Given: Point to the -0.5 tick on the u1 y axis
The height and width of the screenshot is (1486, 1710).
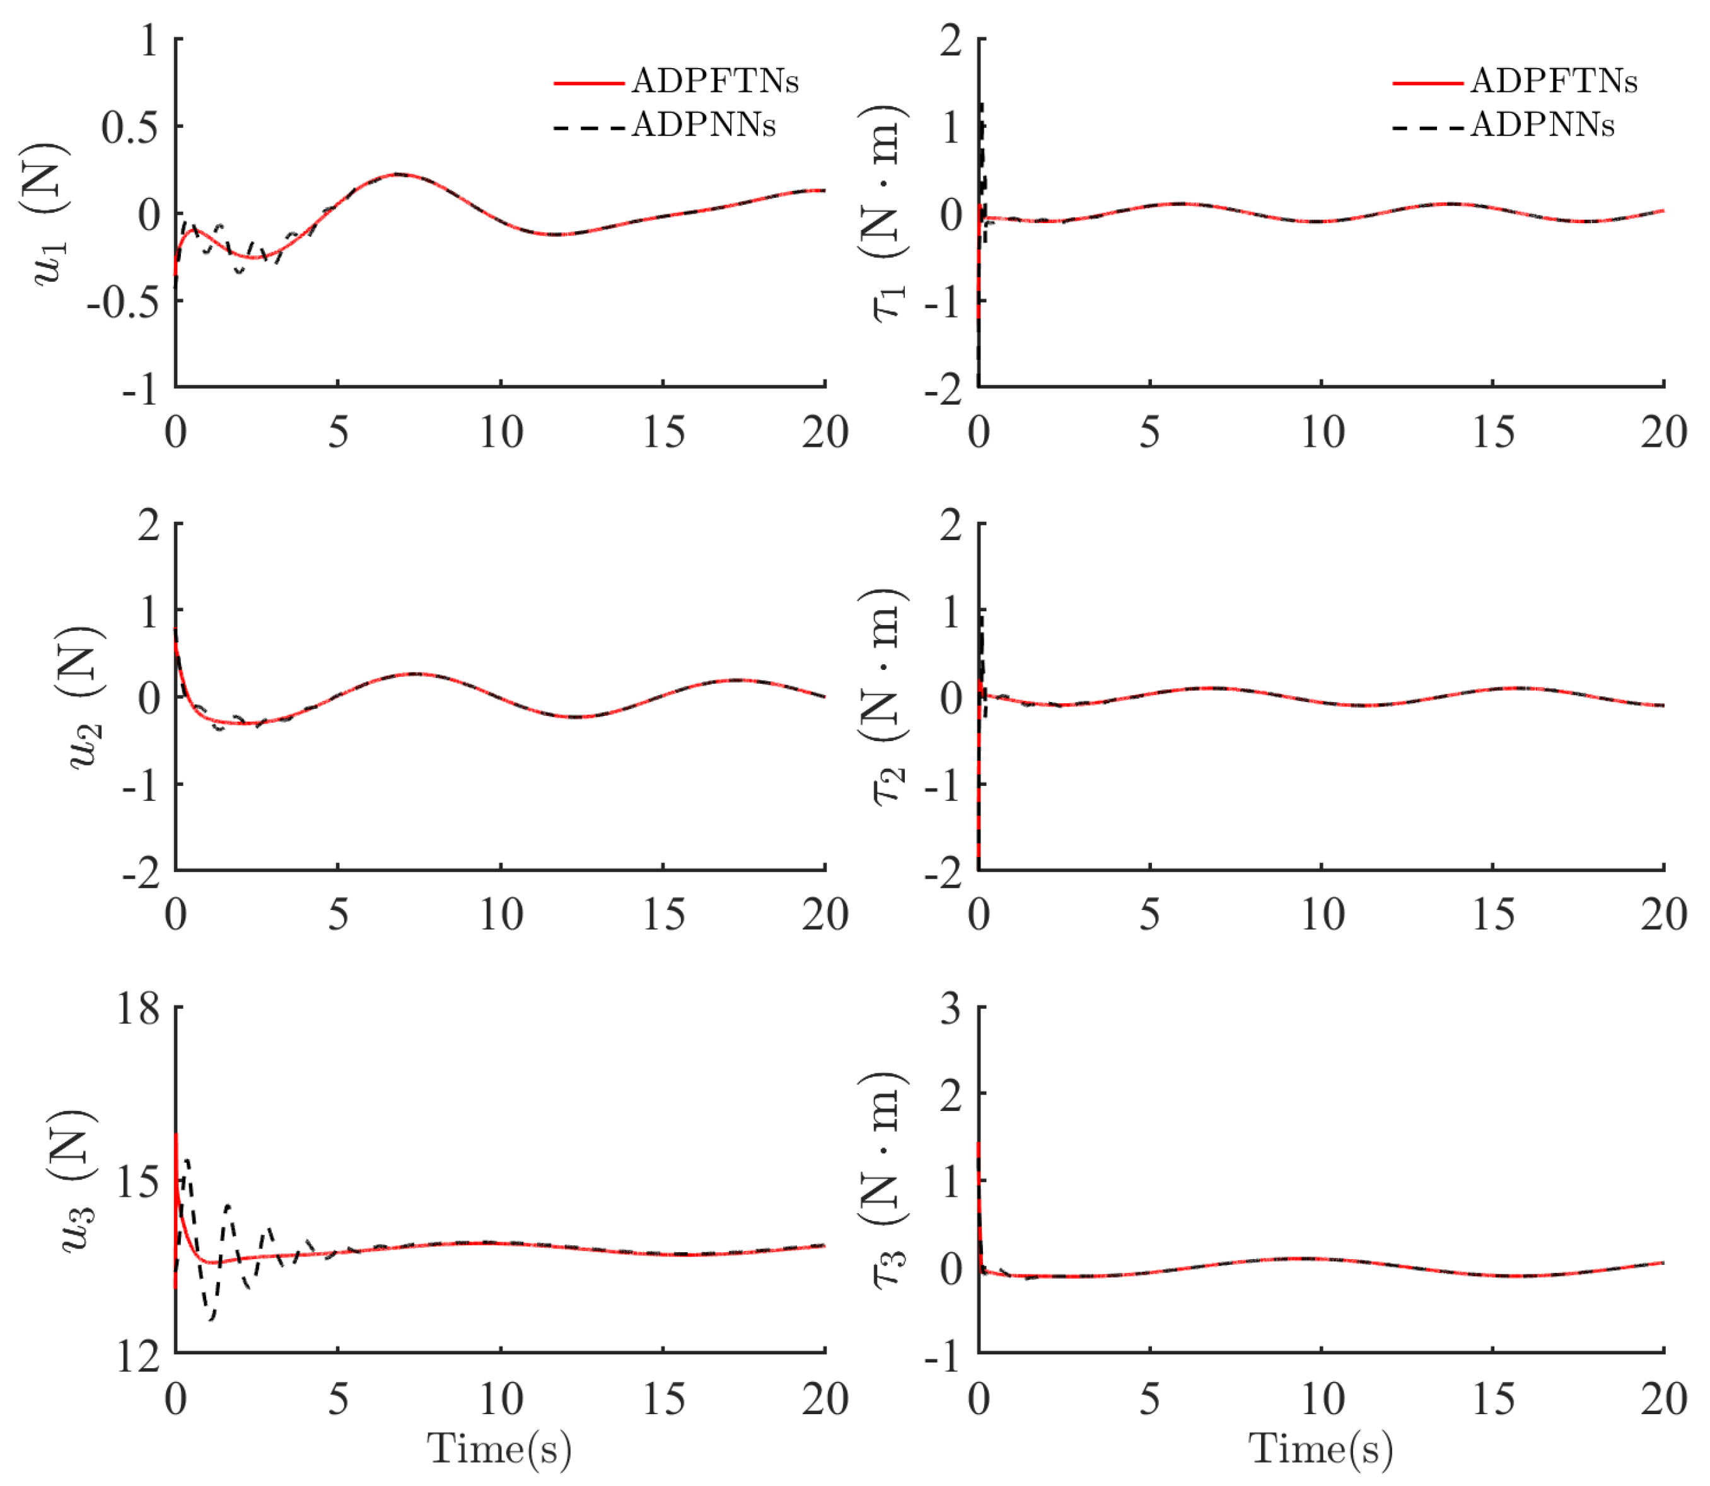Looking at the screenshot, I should coord(123,301).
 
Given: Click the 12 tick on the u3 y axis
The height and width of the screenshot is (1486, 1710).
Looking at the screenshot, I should coord(137,1357).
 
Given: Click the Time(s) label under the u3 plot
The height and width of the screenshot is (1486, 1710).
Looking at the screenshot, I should coord(499,1449).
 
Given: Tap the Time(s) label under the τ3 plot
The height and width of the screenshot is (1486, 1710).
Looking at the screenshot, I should coord(1321,1449).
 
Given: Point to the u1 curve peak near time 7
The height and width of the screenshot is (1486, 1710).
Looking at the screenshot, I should coord(399,174).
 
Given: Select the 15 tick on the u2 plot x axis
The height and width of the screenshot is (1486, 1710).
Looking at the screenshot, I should coord(663,914).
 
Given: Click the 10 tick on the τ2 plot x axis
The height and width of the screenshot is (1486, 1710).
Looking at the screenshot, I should coord(1321,914).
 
